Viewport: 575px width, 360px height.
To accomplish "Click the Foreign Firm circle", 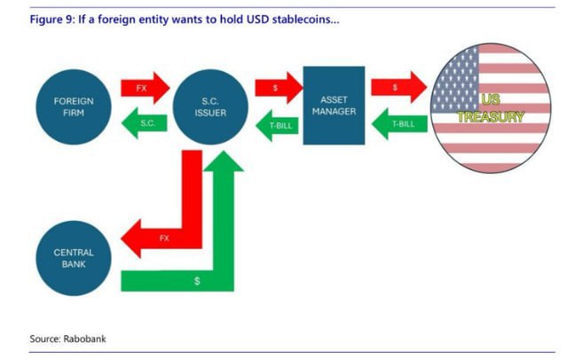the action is click(x=74, y=107).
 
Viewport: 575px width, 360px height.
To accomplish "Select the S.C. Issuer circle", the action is click(x=210, y=107).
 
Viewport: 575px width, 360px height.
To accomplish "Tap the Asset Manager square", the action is click(x=334, y=106).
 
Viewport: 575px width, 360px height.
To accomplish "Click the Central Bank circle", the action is click(x=74, y=258).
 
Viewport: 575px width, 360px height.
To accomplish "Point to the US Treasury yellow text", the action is click(x=491, y=108).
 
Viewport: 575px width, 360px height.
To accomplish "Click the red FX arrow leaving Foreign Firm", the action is click(x=146, y=88).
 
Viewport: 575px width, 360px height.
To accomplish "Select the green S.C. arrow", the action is click(x=144, y=123).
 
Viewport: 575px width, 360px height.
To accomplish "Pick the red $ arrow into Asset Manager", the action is click(x=279, y=88).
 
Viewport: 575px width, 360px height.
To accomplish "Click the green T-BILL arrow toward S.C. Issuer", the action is click(x=277, y=126).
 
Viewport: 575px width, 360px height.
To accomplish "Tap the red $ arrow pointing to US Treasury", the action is click(x=399, y=87).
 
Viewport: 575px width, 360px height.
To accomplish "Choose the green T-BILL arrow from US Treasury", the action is click(x=399, y=124).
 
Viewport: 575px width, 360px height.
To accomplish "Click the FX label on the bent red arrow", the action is click(x=164, y=239).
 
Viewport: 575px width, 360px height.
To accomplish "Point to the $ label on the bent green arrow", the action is click(x=197, y=281).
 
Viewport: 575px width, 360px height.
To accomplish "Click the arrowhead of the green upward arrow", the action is click(x=224, y=161).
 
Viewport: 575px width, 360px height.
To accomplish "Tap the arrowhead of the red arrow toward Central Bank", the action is click(x=131, y=239).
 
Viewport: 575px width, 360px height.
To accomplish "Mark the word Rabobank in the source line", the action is click(x=84, y=339).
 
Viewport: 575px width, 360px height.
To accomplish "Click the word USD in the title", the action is click(x=258, y=19).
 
